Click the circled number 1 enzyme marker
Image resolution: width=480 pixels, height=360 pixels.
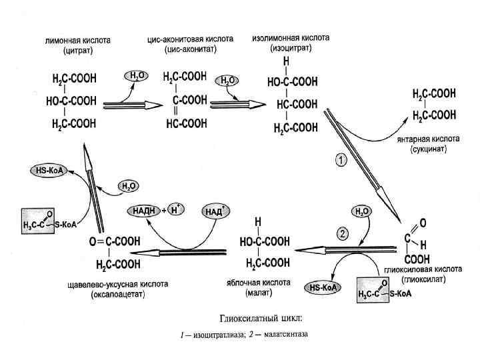pos(340,161)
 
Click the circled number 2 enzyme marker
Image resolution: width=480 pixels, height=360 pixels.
pos(343,233)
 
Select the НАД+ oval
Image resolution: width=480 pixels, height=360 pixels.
pos(215,211)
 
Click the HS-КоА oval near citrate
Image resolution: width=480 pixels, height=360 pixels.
pos(47,171)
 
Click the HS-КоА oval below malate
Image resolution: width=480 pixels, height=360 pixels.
pos(322,288)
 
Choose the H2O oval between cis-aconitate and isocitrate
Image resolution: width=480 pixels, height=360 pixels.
pos(227,80)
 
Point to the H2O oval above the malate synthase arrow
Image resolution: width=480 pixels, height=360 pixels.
pos(363,211)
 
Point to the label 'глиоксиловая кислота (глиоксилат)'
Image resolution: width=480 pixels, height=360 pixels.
pos(423,273)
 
